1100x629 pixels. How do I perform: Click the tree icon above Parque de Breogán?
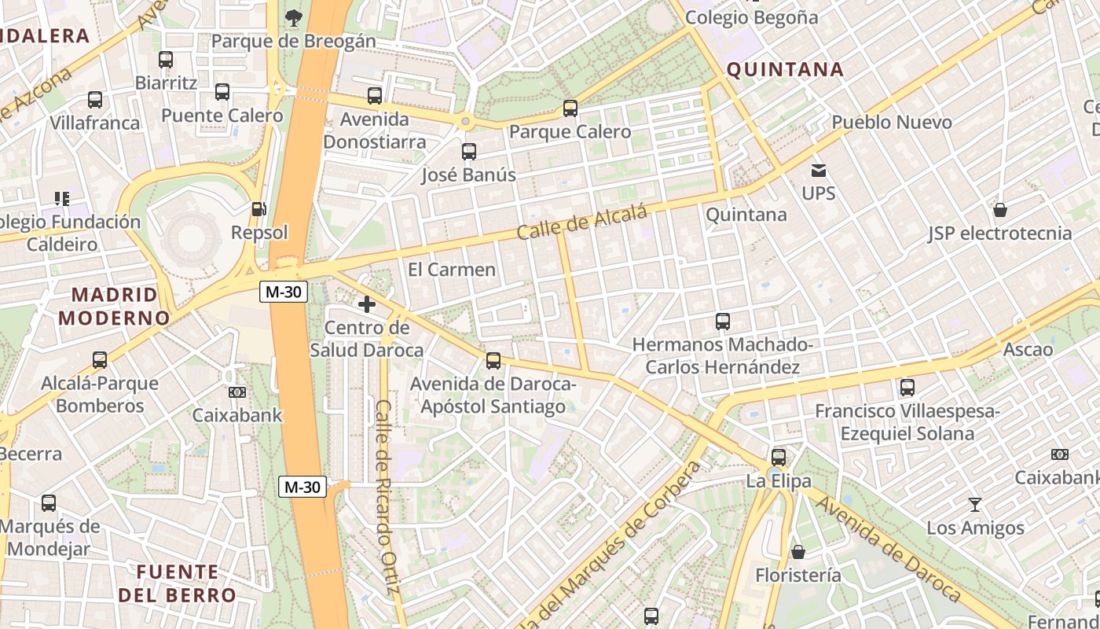(x=293, y=17)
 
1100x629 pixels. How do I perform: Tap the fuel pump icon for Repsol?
(x=258, y=209)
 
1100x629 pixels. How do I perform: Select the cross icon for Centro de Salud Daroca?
(x=367, y=304)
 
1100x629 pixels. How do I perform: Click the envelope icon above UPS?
(x=819, y=170)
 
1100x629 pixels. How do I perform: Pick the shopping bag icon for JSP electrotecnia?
(x=1000, y=210)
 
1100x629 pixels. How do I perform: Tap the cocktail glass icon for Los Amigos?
(x=975, y=504)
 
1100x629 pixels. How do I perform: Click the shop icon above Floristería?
(x=798, y=552)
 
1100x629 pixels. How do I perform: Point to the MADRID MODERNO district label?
(x=115, y=307)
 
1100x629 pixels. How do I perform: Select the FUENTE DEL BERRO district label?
(x=177, y=583)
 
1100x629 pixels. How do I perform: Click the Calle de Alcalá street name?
(x=582, y=223)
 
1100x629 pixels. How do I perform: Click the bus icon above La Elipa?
(x=779, y=458)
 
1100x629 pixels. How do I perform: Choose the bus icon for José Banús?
(x=469, y=152)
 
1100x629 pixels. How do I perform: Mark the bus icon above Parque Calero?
(x=570, y=109)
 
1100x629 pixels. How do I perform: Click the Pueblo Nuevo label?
(x=892, y=123)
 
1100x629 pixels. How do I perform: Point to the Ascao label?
(x=1028, y=349)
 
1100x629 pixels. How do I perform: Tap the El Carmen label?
(x=452, y=270)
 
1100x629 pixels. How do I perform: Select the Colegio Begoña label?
(x=752, y=17)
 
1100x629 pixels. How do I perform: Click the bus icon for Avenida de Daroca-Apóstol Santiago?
(x=493, y=361)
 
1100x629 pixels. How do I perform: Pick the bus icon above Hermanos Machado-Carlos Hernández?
(x=723, y=322)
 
